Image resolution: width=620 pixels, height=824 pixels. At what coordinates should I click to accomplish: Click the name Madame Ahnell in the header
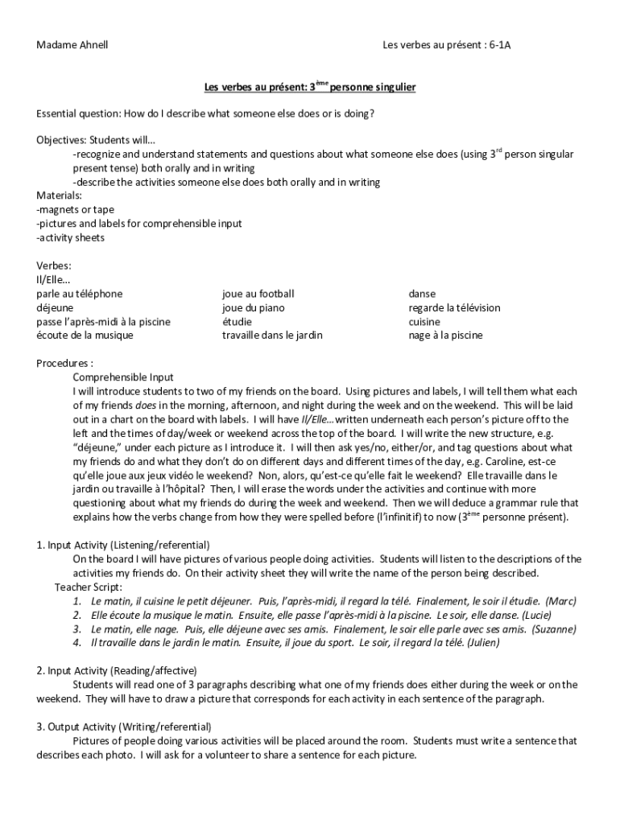pos(72,45)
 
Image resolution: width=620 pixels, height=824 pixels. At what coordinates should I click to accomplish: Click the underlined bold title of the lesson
pos(309,86)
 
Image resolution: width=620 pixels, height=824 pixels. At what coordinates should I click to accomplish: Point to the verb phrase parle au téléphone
pos(80,295)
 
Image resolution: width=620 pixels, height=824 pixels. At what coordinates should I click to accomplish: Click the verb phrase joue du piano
pos(253,308)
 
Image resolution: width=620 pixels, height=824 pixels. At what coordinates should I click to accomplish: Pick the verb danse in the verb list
pos(422,295)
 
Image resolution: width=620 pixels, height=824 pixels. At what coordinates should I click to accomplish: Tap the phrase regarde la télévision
pos(454,308)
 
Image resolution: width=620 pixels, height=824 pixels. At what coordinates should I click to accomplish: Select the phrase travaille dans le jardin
pos(272,335)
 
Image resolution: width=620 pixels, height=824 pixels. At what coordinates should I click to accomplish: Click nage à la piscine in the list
pos(445,335)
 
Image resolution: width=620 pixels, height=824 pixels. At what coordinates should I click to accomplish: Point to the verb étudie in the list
pos(238,322)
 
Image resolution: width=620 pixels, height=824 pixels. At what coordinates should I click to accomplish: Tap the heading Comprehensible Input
pos(123,377)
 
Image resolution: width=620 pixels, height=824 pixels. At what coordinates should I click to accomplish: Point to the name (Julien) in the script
pos(477,643)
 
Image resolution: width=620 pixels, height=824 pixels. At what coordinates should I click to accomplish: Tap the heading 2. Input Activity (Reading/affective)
pos(117,670)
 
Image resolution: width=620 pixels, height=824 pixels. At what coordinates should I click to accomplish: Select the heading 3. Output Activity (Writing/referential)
pos(124,726)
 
